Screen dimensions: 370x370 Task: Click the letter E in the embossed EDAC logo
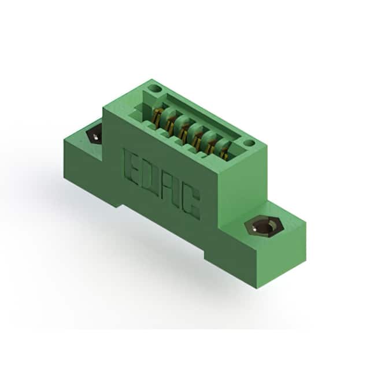(131, 164)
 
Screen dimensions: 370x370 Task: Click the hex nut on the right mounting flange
(264, 227)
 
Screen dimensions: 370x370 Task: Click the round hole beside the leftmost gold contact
(155, 88)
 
